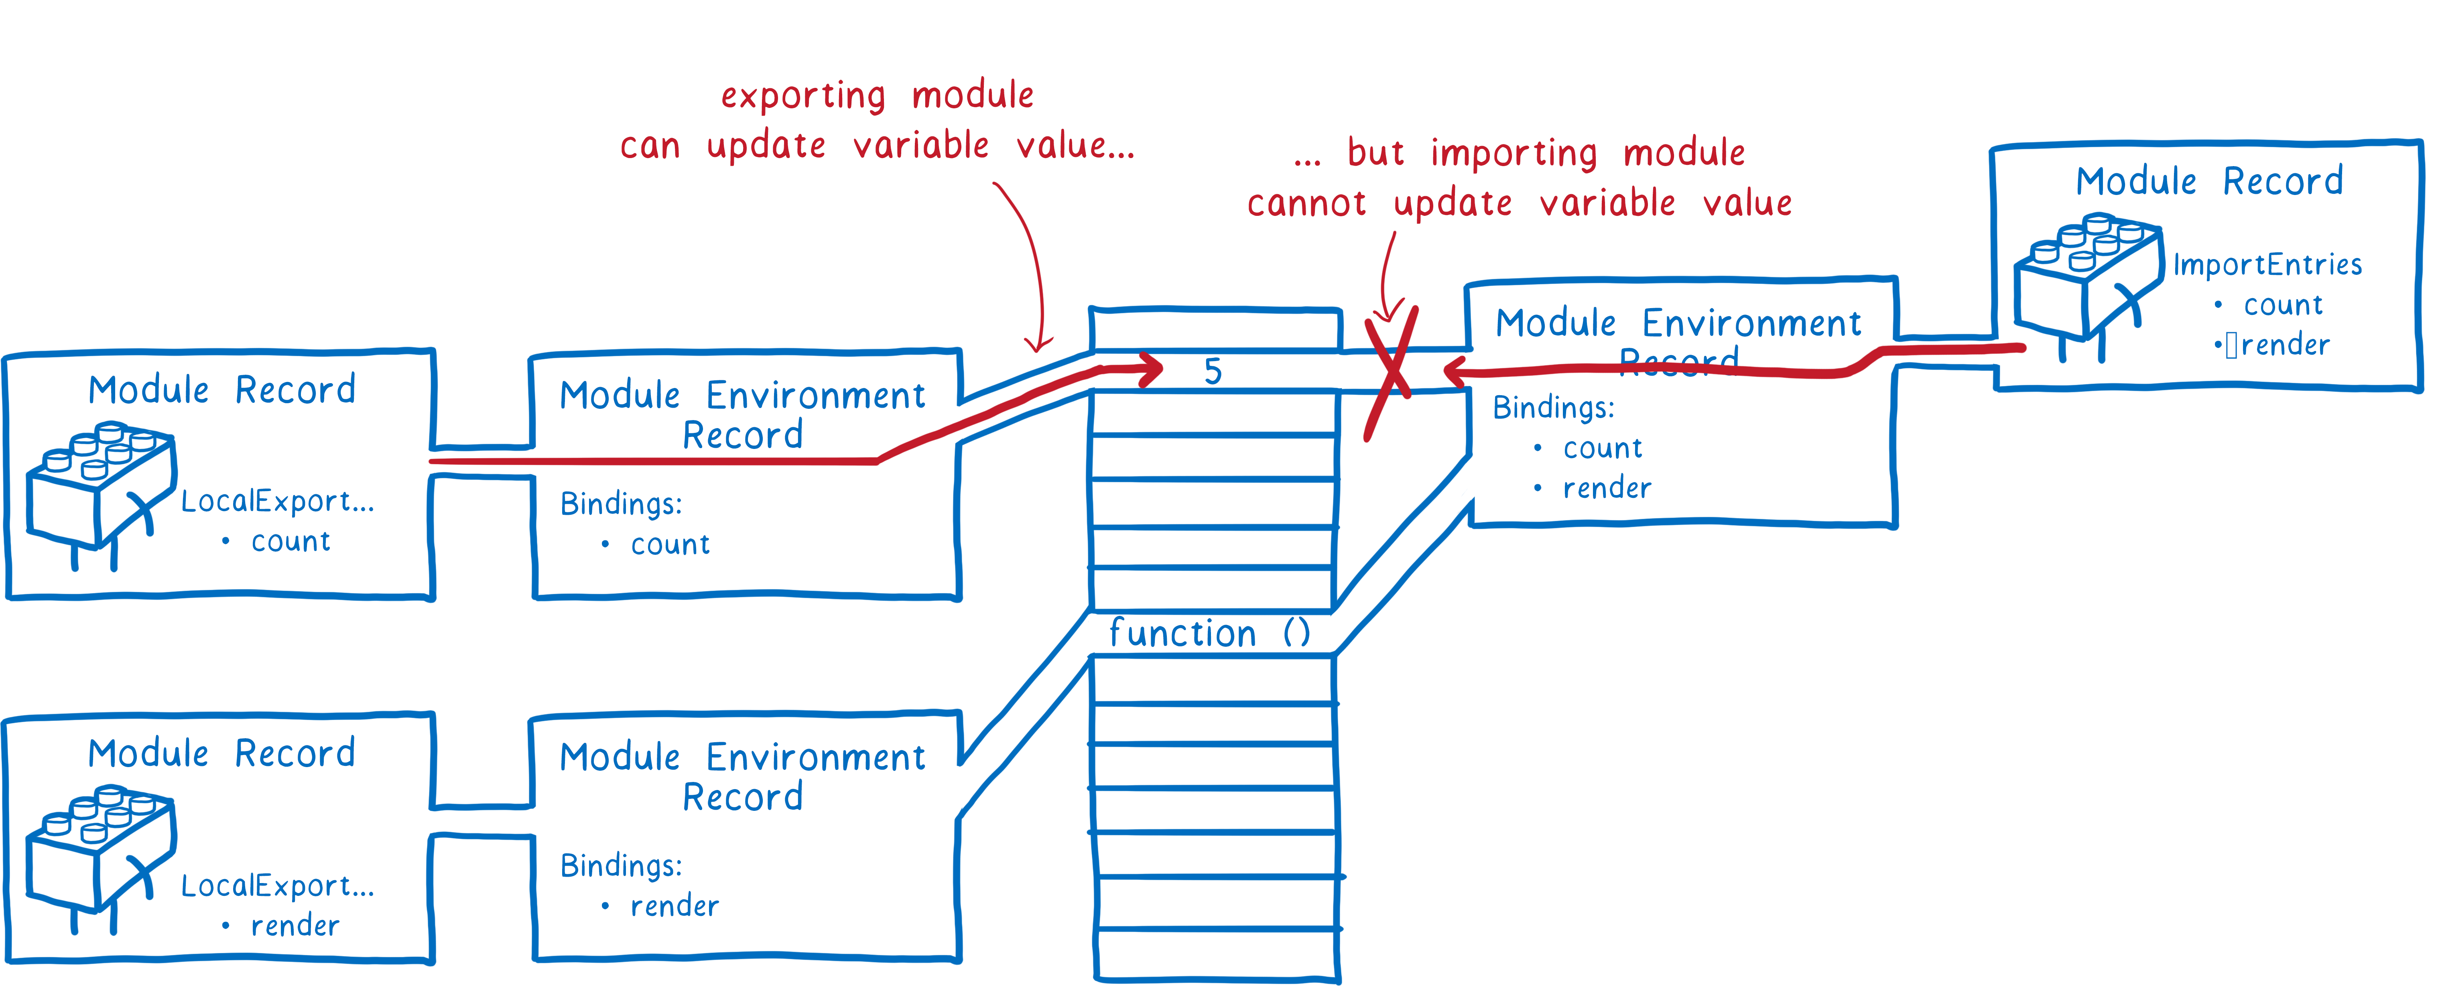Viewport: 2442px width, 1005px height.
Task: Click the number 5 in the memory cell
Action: (x=1213, y=372)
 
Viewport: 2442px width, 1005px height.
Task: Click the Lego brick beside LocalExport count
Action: (x=100, y=488)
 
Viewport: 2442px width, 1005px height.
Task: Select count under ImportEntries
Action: (x=2283, y=305)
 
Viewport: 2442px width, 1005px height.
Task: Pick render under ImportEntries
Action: (x=2285, y=345)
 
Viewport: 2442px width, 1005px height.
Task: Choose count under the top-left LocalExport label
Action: (x=290, y=541)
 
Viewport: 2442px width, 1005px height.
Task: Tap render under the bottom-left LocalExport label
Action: (x=295, y=925)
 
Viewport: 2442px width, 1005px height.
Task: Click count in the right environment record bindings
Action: (x=1602, y=449)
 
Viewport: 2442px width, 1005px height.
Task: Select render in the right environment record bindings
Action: (x=1607, y=488)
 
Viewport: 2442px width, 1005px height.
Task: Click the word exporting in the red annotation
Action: (x=803, y=96)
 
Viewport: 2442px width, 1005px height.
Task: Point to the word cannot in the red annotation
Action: (x=1306, y=203)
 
